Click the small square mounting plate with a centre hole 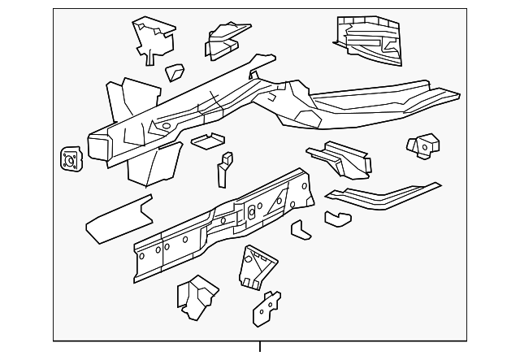[71, 159]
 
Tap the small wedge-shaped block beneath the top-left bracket [175, 72]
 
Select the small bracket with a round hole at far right [422, 147]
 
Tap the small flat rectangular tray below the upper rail [207, 141]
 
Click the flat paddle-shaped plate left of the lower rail [119, 218]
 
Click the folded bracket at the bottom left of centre [196, 296]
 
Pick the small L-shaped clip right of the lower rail [301, 230]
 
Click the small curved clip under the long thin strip [336, 218]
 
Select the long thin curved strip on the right [383, 196]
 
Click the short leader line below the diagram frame [260, 347]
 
